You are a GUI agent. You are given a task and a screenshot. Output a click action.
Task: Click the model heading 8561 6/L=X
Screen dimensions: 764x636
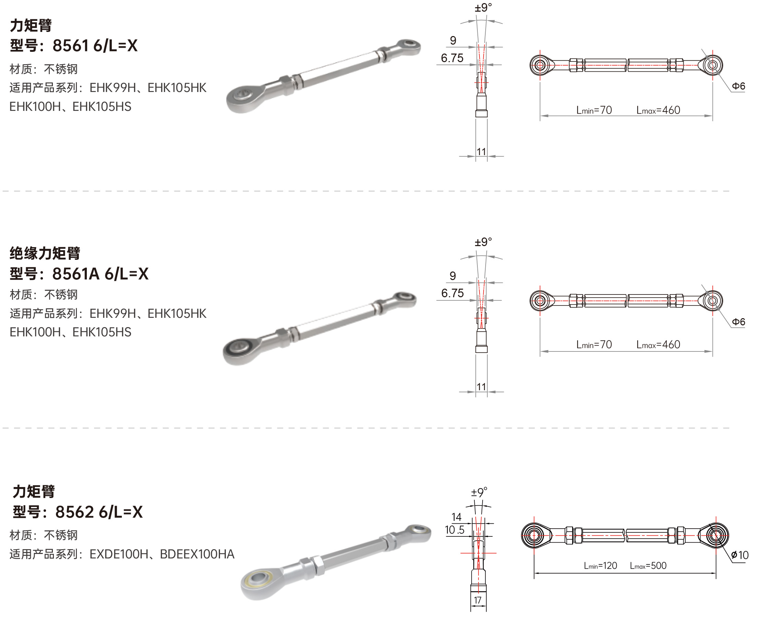click(x=95, y=46)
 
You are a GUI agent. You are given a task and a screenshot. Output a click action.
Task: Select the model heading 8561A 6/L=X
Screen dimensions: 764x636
click(x=101, y=274)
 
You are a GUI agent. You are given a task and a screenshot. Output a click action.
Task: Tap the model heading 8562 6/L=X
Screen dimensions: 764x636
click(x=99, y=512)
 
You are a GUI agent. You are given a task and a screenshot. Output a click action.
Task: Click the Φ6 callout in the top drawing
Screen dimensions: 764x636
click(x=739, y=86)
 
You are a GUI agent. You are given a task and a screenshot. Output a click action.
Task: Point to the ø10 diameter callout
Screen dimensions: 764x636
click(x=740, y=555)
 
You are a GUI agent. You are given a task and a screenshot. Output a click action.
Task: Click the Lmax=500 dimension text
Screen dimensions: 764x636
click(x=648, y=566)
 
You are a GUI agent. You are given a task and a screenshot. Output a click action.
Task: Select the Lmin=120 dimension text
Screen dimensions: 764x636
click(x=601, y=566)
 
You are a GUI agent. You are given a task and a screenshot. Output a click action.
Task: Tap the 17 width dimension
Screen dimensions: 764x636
click(x=478, y=600)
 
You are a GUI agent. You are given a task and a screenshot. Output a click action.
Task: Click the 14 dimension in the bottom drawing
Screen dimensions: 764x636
click(x=456, y=517)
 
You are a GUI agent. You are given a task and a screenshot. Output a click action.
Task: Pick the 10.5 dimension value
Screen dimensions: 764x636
click(x=455, y=530)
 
